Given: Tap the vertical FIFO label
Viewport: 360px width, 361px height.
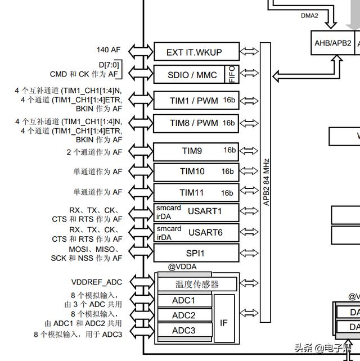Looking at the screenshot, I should coord(232,75).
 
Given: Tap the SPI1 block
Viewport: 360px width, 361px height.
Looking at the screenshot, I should coord(196,253).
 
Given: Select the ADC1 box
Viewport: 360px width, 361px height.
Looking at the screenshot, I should coord(183,301).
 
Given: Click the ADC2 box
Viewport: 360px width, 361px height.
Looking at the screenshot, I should coord(183,315).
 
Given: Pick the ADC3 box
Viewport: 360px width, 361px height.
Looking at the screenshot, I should coord(183,331).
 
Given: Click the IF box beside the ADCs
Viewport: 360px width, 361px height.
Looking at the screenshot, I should coord(224,323).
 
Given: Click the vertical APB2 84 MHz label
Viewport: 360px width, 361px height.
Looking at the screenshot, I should coord(266,182).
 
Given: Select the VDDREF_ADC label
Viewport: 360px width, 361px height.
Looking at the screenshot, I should coord(97,282).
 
